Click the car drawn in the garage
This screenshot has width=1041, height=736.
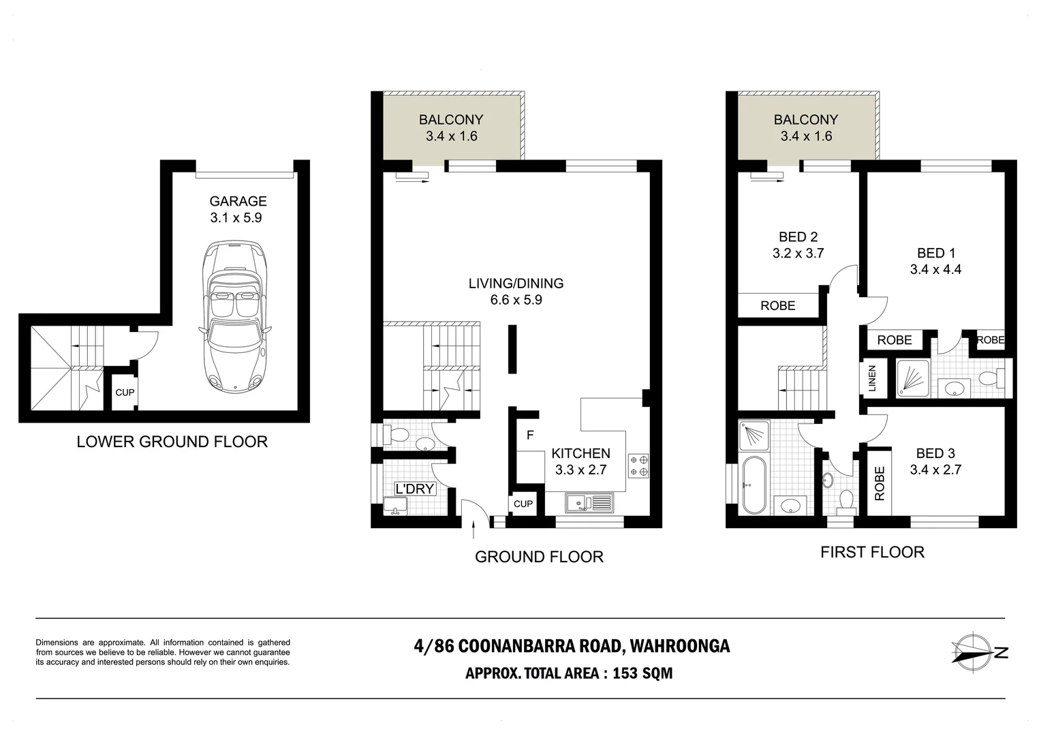click(234, 317)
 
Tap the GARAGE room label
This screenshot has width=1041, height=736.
click(238, 201)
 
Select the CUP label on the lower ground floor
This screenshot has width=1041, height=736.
click(125, 393)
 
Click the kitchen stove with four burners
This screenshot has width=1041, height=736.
click(638, 466)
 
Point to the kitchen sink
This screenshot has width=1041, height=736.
click(589, 503)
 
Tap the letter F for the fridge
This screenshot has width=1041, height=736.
click(530, 435)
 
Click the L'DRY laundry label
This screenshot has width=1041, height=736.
click(414, 489)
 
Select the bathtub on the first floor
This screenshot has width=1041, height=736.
click(753, 485)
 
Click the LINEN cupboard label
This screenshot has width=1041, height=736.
click(872, 378)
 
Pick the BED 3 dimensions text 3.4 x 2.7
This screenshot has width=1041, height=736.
click(935, 470)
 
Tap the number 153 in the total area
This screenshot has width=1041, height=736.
click(625, 673)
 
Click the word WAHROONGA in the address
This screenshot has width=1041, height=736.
click(680, 646)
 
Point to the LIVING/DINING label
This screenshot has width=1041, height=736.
click(516, 283)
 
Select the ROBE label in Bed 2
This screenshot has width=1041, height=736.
click(778, 305)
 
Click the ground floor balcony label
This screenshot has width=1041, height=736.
click(451, 119)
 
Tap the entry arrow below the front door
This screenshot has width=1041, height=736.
click(473, 530)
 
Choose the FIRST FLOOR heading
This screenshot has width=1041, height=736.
click(872, 552)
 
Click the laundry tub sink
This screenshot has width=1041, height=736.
click(396, 506)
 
